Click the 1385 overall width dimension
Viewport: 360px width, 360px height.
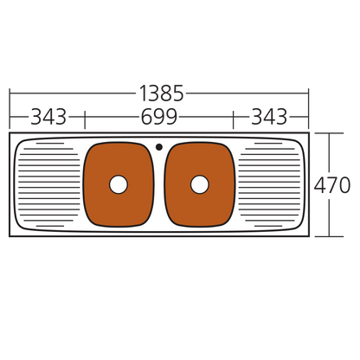pyautogui.click(x=161, y=93)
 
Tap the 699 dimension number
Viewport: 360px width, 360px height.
pyautogui.click(x=159, y=117)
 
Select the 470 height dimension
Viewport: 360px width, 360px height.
pyautogui.click(x=332, y=185)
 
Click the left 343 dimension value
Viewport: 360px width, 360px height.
pyautogui.click(x=48, y=117)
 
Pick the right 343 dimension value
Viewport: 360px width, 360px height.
pyautogui.click(x=269, y=117)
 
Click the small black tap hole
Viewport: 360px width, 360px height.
pyautogui.click(x=159, y=147)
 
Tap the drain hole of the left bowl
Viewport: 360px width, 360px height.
pyautogui.click(x=119, y=184)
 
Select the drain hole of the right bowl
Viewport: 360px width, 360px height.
pyautogui.click(x=200, y=184)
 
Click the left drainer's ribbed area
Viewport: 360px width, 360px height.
pyautogui.click(x=48, y=184)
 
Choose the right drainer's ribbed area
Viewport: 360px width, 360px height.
pyautogui.click(x=270, y=184)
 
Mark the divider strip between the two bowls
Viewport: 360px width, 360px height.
pyautogui.click(x=159, y=188)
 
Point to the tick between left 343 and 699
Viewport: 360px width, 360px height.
pyautogui.click(x=85, y=119)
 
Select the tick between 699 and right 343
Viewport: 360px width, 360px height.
pyautogui.click(x=233, y=119)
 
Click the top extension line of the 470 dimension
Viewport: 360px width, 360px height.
pyautogui.click(x=329, y=133)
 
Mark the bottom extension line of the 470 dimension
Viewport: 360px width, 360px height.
pyautogui.click(x=329, y=236)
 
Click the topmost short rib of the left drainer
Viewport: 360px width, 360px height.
pyautogui.click(x=50, y=144)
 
